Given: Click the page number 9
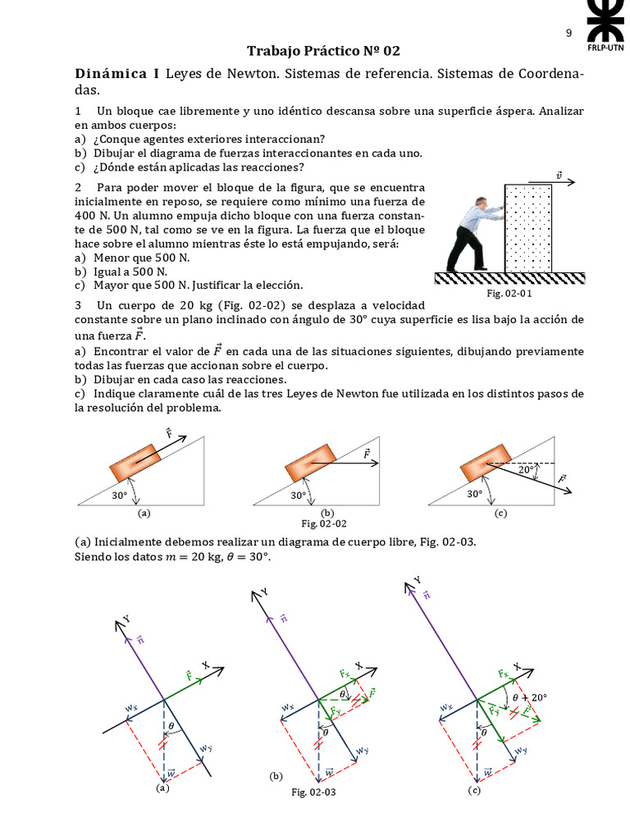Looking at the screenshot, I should (568, 33).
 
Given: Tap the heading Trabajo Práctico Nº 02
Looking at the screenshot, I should (323, 51).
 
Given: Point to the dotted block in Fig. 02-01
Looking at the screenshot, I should (527, 228).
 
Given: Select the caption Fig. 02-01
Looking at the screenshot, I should (509, 294).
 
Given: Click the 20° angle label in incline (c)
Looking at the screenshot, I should (527, 470).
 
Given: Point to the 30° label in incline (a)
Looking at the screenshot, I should (120, 495).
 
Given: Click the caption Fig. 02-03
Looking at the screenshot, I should (313, 792).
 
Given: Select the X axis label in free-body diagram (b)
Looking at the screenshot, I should (358, 666).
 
